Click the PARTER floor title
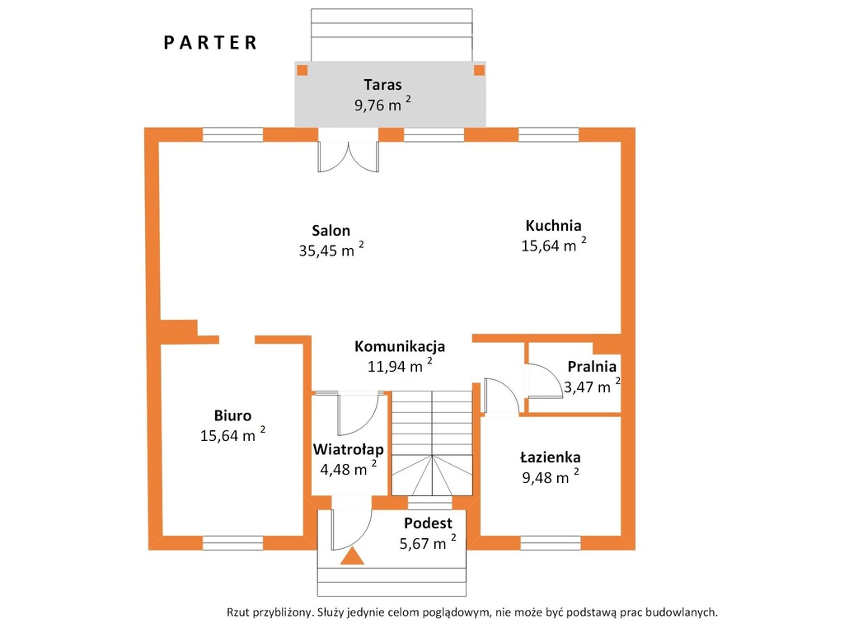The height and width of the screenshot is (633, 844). click(210, 43)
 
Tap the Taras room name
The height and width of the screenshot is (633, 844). click(382, 85)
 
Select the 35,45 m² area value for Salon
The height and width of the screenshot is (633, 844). click(331, 250)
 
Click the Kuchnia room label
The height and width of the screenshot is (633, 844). click(553, 225)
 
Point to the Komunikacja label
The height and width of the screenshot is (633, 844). click(400, 346)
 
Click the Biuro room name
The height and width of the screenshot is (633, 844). click(232, 415)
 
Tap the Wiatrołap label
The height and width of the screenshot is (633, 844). click(349, 449)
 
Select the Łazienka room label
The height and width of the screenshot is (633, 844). click(550, 457)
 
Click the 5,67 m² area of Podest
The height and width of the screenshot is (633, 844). click(428, 543)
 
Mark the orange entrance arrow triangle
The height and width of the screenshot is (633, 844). click(352, 556)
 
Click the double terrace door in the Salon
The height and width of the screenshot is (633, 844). click(349, 156)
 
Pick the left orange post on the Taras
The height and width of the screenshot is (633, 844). click(302, 70)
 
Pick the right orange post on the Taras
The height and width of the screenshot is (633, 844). click(479, 70)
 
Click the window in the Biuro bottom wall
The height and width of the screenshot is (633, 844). click(233, 542)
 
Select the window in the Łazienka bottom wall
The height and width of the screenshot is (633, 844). click(551, 542)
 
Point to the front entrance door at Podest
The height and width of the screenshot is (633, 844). click(351, 530)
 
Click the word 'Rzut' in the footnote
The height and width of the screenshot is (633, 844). click(238, 612)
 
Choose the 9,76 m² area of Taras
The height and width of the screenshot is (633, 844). click(382, 105)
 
